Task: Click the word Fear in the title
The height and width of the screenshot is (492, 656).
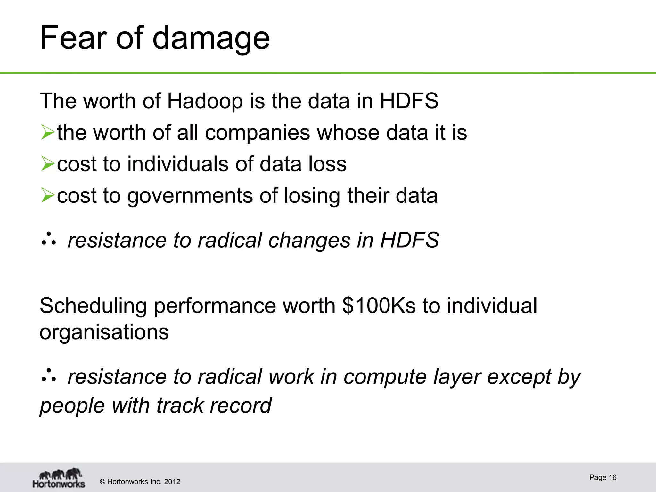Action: (73, 38)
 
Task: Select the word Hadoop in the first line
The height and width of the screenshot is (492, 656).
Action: (205, 101)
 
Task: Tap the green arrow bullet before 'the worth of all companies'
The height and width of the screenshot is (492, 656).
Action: (48, 133)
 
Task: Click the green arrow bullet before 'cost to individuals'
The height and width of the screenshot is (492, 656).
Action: (48, 164)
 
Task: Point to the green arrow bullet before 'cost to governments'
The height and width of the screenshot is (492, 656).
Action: (48, 195)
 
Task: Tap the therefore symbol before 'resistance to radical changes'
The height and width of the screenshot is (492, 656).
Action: (49, 240)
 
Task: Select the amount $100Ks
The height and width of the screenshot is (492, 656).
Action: (379, 306)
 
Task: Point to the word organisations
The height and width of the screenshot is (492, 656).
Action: (104, 332)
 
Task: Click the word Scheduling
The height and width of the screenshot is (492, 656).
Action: (93, 306)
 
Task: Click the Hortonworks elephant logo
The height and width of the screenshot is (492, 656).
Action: (59, 477)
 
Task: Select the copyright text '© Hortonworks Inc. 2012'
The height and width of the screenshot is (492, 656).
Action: (140, 482)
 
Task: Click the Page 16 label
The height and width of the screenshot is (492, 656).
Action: (603, 478)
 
